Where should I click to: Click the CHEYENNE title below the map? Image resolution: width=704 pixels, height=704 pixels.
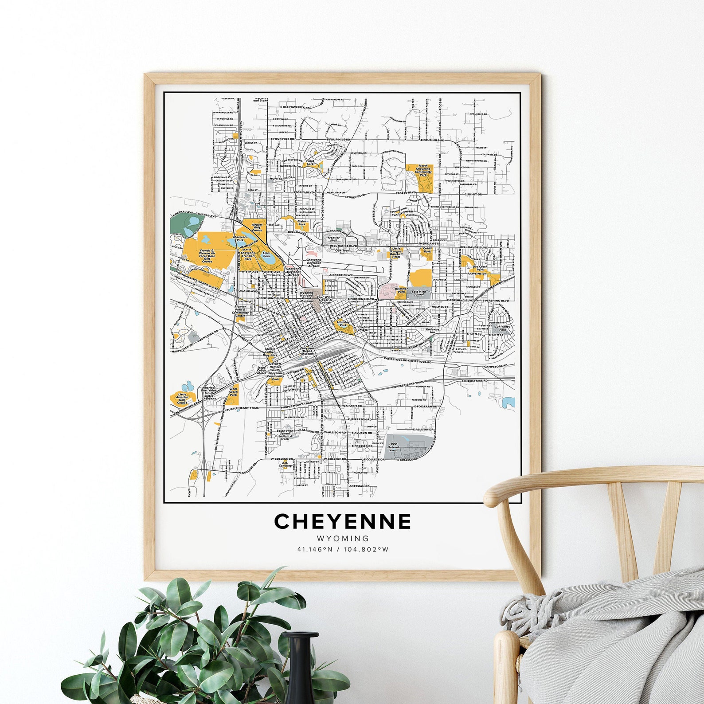(x=342, y=521)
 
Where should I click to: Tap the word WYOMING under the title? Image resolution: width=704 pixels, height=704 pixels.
(x=342, y=539)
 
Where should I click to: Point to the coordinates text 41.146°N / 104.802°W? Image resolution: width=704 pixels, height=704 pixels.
(x=342, y=550)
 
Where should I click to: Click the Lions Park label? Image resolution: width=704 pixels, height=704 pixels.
(x=266, y=254)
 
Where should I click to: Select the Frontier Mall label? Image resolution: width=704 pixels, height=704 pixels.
(x=333, y=239)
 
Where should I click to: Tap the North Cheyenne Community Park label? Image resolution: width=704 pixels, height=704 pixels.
(x=419, y=170)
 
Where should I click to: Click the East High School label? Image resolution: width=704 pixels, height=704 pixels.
(x=418, y=293)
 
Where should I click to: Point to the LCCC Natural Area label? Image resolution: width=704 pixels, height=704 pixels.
(x=393, y=446)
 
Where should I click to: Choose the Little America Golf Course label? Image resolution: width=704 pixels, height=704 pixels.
(x=181, y=399)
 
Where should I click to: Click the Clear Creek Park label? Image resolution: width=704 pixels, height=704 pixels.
(x=233, y=392)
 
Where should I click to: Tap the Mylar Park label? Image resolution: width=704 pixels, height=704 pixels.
(x=302, y=223)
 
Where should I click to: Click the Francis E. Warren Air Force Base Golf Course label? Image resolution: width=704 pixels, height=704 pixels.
(x=207, y=257)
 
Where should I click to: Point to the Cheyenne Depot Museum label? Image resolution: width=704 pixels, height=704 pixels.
(x=307, y=351)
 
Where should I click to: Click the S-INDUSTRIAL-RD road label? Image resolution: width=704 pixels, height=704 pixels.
(x=474, y=381)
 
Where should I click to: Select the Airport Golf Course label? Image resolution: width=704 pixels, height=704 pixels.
(x=257, y=227)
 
